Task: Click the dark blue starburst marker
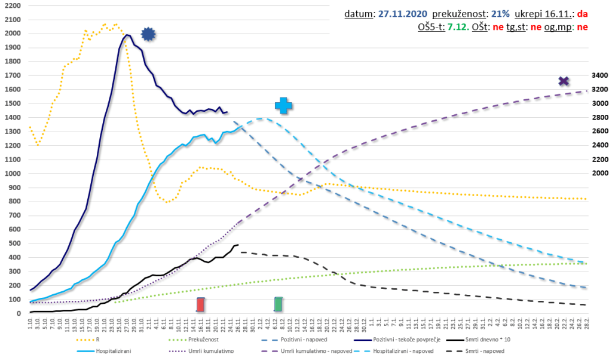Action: click(x=148, y=35)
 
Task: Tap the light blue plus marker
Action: click(x=283, y=106)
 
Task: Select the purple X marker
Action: click(x=563, y=81)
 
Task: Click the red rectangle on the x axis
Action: click(x=201, y=304)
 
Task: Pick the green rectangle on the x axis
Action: click(x=279, y=304)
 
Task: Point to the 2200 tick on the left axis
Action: click(x=12, y=6)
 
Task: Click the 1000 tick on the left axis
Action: click(x=12, y=173)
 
